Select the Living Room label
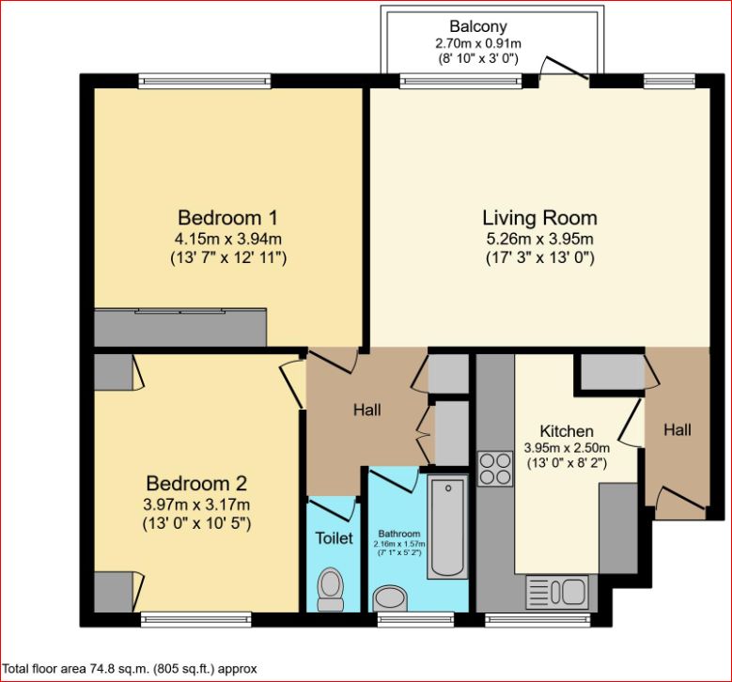539,218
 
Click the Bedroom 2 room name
197,484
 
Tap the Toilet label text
333,538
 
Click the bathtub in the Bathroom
447,526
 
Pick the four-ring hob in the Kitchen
494,469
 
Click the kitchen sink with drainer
557,592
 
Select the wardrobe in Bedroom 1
180,327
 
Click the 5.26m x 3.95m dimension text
539,239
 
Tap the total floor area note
130,669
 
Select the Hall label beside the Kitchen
677,430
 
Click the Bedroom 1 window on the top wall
205,81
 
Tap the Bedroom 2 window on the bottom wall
196,619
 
